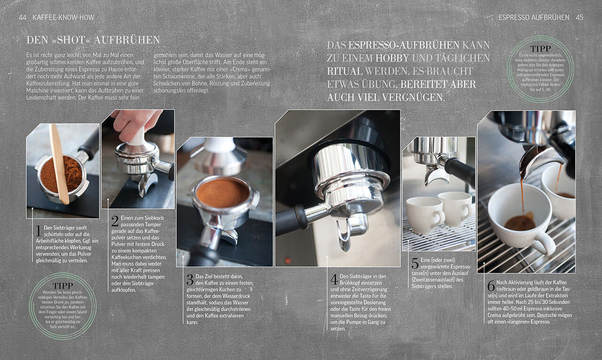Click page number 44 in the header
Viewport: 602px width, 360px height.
(x=23, y=17)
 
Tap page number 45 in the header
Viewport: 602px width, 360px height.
(x=579, y=17)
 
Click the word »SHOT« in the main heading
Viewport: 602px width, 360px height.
(x=67, y=40)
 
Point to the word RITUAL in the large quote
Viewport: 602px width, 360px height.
(x=345, y=71)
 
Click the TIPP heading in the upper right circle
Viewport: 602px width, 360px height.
(x=541, y=49)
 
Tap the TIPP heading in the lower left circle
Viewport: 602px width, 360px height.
(x=62, y=286)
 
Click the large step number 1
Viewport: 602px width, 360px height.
(x=39, y=231)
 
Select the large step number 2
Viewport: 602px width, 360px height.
(x=115, y=221)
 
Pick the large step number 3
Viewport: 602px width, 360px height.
(x=190, y=279)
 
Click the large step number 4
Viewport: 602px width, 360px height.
(x=334, y=279)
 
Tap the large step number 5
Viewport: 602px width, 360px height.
(x=415, y=263)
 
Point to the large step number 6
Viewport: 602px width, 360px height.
(x=491, y=286)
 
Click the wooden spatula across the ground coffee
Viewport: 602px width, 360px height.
(x=59, y=164)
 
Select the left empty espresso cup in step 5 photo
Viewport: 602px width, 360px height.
(x=425, y=215)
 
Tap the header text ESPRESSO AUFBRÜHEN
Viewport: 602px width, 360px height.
(x=534, y=17)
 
